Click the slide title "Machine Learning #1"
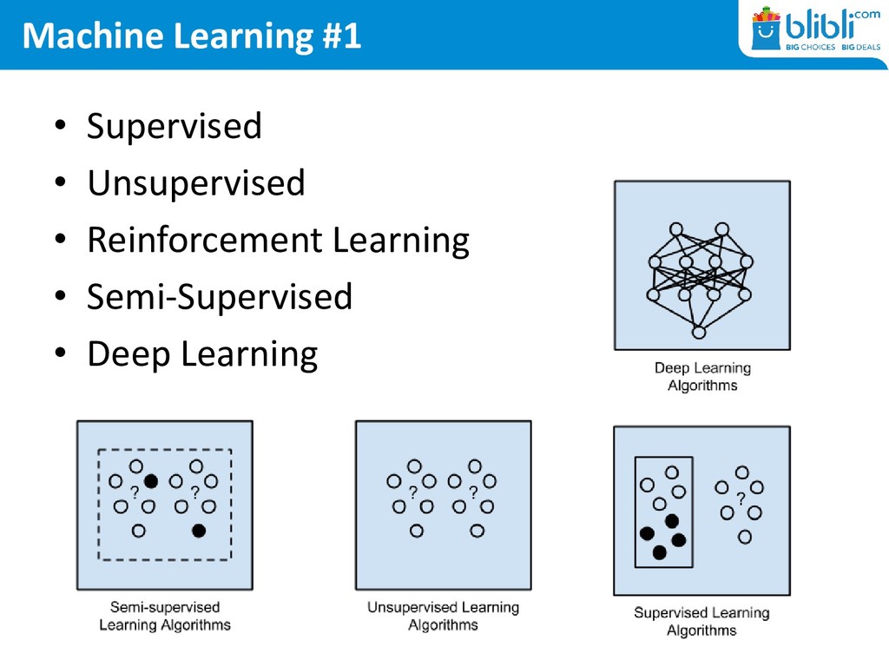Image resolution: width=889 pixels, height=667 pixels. click(x=191, y=36)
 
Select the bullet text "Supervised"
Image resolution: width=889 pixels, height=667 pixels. click(x=174, y=127)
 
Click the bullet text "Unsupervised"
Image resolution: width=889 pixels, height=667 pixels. click(x=195, y=183)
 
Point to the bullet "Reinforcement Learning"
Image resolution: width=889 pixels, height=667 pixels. click(x=278, y=241)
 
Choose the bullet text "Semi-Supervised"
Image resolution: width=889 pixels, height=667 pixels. click(x=220, y=297)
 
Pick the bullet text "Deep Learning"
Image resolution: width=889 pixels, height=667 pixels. click(x=202, y=354)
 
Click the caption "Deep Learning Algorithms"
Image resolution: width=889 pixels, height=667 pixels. click(x=702, y=377)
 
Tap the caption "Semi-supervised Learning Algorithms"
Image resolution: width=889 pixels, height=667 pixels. click(x=165, y=616)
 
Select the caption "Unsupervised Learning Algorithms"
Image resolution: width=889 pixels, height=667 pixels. click(x=443, y=616)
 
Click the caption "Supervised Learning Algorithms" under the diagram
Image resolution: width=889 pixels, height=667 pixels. click(x=701, y=622)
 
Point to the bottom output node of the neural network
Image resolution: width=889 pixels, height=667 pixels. click(x=700, y=332)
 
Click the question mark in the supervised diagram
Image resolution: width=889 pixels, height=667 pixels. click(x=740, y=499)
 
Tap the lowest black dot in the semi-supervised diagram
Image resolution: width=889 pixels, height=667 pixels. click(x=199, y=530)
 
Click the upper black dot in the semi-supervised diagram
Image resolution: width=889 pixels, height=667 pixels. click(x=151, y=480)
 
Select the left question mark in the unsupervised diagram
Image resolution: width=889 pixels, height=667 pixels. click(x=413, y=492)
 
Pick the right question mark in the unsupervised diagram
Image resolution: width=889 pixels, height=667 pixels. click(x=472, y=492)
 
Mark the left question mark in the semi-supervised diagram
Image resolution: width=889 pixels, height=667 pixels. click(x=135, y=492)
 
